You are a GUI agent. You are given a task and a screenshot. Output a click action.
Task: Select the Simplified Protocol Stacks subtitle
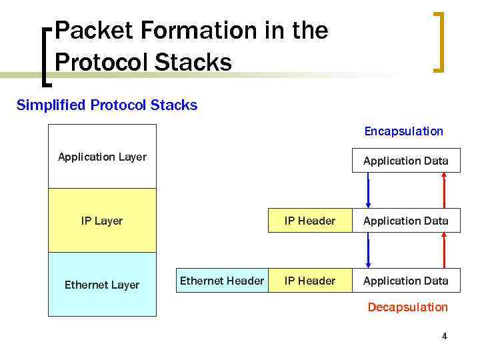coord(107,105)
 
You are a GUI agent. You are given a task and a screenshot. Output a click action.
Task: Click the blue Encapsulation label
coord(403,131)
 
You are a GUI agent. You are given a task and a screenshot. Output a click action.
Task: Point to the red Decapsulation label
coord(407,307)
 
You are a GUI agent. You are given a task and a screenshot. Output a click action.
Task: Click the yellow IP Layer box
coord(102,221)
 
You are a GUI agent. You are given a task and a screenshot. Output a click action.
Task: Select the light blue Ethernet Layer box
coord(102,285)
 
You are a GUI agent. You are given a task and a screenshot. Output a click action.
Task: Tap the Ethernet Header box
coord(222,281)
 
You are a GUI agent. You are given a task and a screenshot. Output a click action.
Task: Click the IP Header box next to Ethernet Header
coord(310,281)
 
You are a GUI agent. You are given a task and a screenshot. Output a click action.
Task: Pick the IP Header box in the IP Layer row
coord(310,221)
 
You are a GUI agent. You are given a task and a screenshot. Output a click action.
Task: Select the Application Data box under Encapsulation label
coord(405,161)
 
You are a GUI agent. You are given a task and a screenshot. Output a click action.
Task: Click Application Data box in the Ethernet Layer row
coord(405,281)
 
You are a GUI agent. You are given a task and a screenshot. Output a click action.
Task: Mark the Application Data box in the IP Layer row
coord(405,221)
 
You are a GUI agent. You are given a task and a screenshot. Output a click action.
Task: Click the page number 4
coord(444,337)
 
